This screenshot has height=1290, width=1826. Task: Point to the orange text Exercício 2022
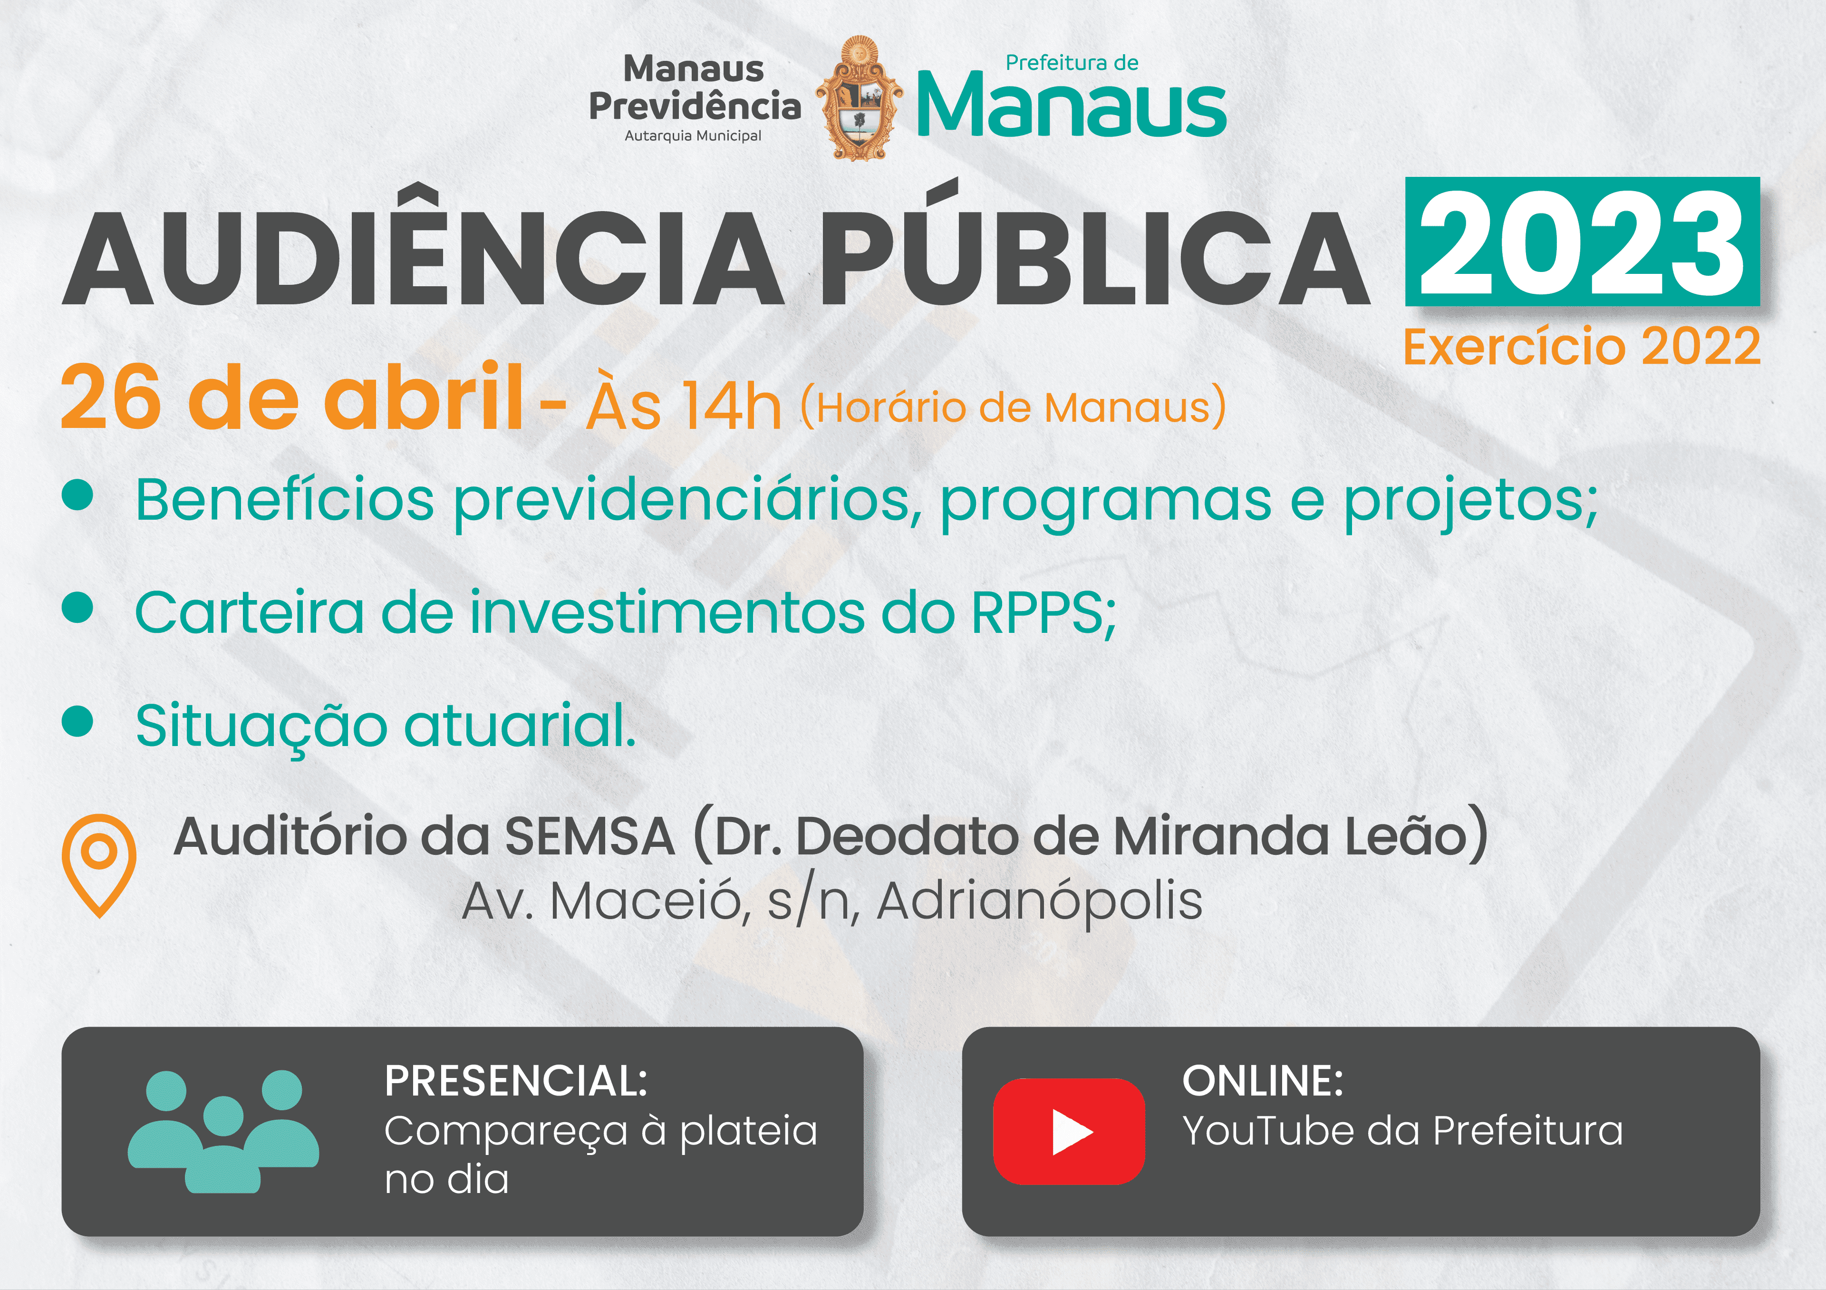click(1581, 346)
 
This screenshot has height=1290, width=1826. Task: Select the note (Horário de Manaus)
click(1013, 407)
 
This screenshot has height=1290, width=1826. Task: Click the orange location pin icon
click(99, 866)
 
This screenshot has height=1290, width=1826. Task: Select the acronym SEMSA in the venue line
click(590, 837)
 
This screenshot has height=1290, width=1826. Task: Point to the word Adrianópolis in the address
click(1039, 902)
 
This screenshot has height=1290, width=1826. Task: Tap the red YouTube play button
click(1069, 1131)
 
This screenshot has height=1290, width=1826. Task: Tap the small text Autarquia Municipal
click(693, 136)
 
